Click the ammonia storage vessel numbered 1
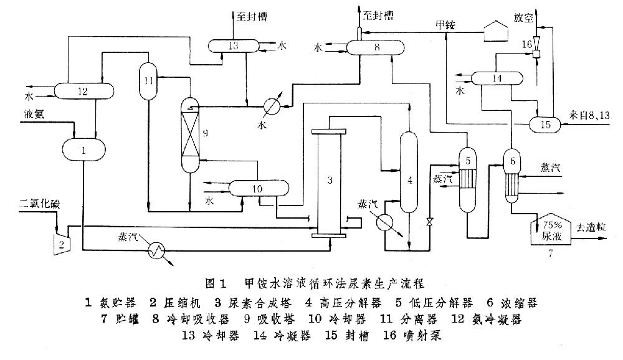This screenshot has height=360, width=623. coord(84,149)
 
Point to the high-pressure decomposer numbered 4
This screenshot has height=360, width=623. coord(409,174)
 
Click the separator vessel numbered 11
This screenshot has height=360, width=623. coord(148,81)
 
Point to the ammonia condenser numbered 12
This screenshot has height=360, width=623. coord(85,91)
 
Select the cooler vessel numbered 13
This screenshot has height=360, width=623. coord(234,45)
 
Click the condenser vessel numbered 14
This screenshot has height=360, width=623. coord(497,78)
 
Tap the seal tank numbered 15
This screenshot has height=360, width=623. coord(546,125)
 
